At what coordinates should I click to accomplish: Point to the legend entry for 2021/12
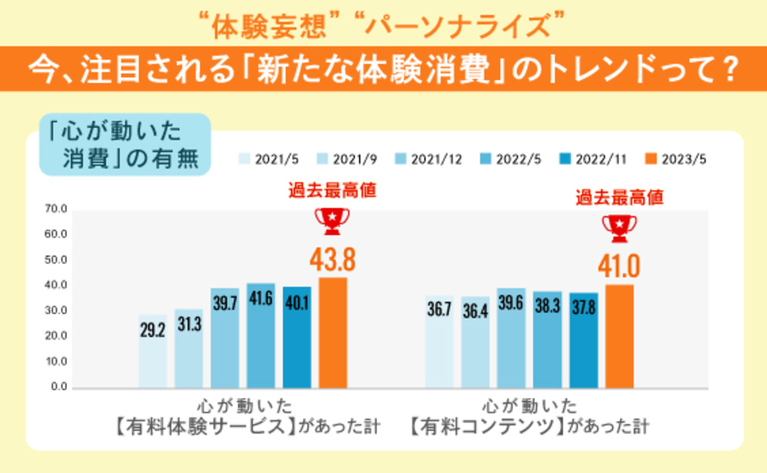(x=429, y=159)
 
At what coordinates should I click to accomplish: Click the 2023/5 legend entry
(x=676, y=159)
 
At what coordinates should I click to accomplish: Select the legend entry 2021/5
(x=268, y=159)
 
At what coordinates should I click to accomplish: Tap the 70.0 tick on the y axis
(x=56, y=209)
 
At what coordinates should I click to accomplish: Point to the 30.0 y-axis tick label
(x=56, y=310)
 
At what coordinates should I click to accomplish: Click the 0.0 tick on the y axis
(x=59, y=386)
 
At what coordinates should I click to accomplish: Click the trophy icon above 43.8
(x=332, y=221)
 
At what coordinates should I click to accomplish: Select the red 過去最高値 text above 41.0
(x=619, y=198)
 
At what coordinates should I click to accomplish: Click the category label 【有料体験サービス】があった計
(x=247, y=427)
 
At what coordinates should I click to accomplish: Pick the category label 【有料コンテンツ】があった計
(x=529, y=427)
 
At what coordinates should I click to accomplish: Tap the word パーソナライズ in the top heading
(x=458, y=26)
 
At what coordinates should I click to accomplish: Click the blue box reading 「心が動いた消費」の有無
(x=125, y=145)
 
